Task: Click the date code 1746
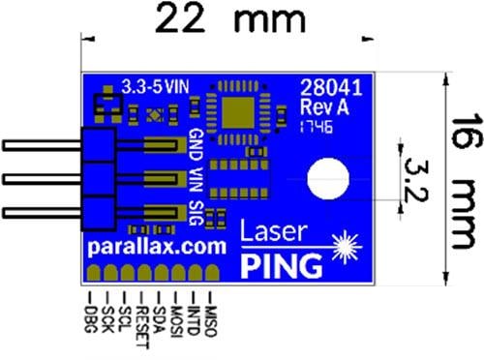pos(315,126)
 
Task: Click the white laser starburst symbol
pos(346,248)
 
